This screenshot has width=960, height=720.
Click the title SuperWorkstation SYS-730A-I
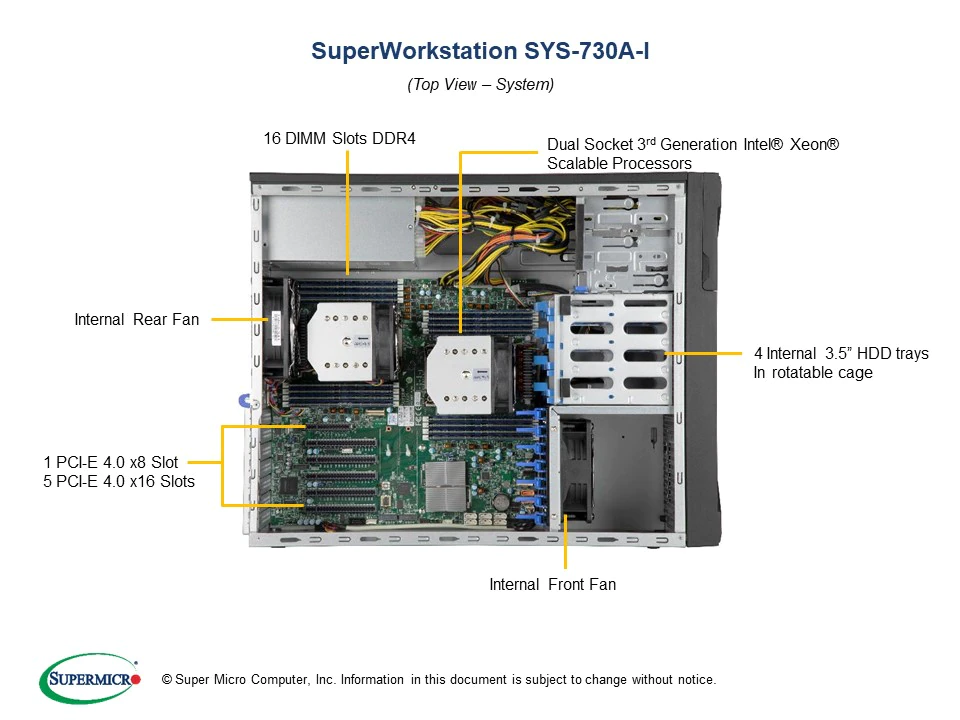click(x=480, y=51)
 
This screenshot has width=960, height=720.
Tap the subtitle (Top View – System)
click(x=480, y=85)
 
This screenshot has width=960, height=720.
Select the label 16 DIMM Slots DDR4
click(x=339, y=139)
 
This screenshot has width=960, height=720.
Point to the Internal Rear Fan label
click(x=136, y=320)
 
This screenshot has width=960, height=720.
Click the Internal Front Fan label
click(x=552, y=584)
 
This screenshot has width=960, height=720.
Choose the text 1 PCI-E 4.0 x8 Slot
click(x=110, y=462)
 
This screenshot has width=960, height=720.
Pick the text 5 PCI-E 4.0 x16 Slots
click(x=119, y=482)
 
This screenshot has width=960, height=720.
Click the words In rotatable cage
click(x=812, y=373)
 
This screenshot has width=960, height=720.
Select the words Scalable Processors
click(x=619, y=163)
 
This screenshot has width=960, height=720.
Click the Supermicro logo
click(x=89, y=679)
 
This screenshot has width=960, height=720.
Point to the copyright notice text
click(x=432, y=680)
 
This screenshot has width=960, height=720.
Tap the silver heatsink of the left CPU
click(x=340, y=341)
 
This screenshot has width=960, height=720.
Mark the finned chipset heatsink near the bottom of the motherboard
click(x=444, y=487)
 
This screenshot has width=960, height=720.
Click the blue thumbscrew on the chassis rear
click(x=243, y=401)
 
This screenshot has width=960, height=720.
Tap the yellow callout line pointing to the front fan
click(x=566, y=544)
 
